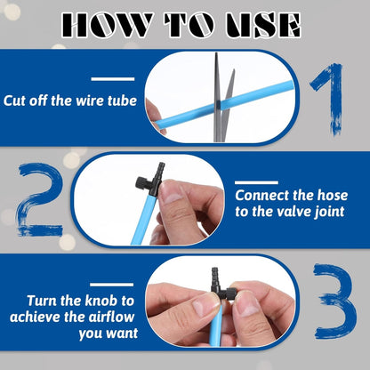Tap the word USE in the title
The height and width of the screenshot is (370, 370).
tap(263, 25)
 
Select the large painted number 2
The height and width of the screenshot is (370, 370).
tap(41, 199)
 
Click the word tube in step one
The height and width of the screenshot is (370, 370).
tap(122, 101)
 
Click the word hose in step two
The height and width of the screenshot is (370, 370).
tap(333, 196)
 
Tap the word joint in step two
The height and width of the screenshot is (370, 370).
tap(331, 213)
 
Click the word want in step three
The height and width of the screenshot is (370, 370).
tap(122, 334)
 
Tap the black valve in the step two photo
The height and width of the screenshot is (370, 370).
tap(150, 181)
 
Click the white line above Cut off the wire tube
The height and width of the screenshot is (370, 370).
tap(113, 79)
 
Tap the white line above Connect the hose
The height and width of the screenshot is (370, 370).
tap(256, 182)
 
